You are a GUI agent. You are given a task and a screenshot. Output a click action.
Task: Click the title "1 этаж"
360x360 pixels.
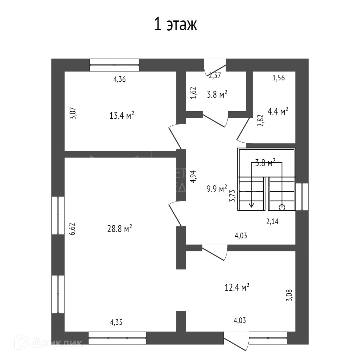click(175, 25)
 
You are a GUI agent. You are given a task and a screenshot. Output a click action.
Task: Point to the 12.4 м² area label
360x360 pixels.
click(237, 287)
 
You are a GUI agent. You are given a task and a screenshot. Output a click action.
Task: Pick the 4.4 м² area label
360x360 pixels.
click(278, 111)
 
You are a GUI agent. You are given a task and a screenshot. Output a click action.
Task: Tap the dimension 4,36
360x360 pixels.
click(119, 79)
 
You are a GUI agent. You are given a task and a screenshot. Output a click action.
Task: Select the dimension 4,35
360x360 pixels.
click(116, 323)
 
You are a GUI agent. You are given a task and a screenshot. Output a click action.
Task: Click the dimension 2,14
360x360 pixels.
click(272, 222)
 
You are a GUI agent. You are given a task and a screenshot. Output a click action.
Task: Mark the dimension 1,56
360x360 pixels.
click(278, 78)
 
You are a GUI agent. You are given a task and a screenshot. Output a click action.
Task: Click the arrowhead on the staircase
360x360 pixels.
click(251, 205)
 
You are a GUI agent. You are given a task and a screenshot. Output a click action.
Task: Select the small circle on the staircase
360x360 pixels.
click(282, 207)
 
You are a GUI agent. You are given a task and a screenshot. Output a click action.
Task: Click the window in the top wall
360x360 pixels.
click(114, 65)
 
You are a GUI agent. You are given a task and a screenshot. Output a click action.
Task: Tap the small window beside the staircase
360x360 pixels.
click(302, 197)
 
